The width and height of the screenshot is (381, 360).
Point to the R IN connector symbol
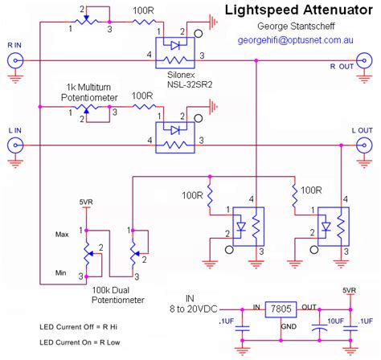tap(14, 60)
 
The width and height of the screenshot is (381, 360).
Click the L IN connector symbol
tap(14, 145)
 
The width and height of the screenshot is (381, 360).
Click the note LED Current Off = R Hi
tap(77, 328)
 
